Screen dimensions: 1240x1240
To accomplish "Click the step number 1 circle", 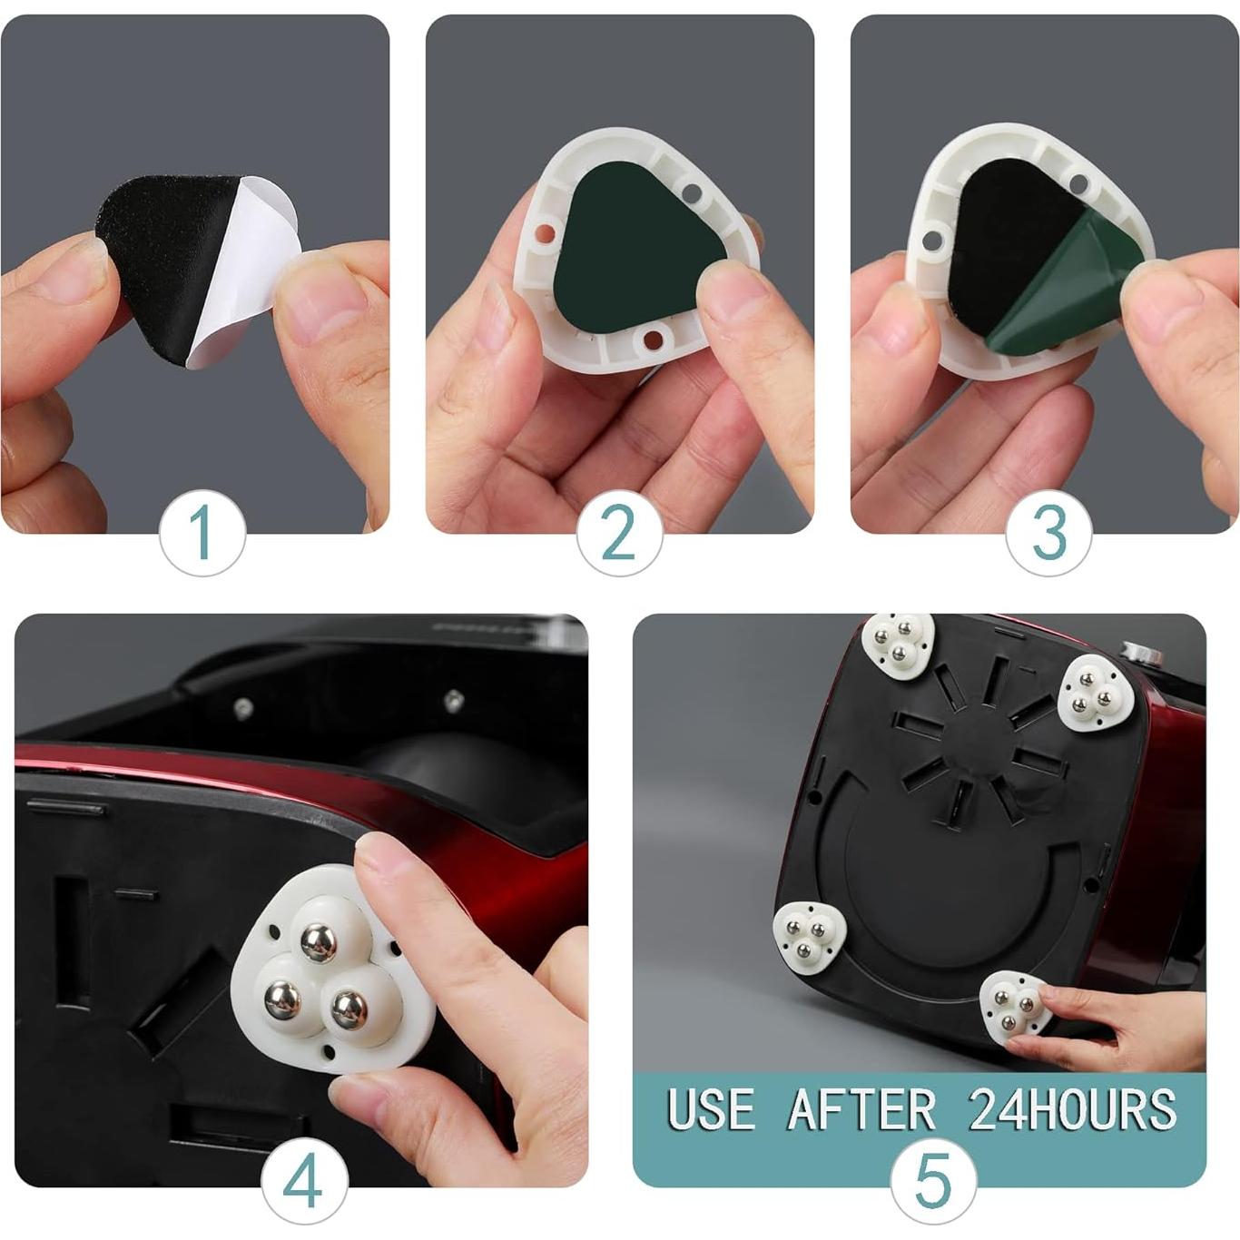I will pyautogui.click(x=202, y=533).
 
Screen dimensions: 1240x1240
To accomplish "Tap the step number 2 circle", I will pyautogui.click(x=619, y=533).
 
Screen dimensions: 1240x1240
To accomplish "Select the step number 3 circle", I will pyautogui.click(x=1048, y=533).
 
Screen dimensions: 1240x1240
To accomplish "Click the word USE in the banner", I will pyautogui.click(x=711, y=1109).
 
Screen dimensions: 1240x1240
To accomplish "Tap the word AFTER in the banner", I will pyautogui.click(x=861, y=1109).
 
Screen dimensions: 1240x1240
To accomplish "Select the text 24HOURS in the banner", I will pyautogui.click(x=1072, y=1109).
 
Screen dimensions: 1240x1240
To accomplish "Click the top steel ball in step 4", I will pyautogui.click(x=318, y=941).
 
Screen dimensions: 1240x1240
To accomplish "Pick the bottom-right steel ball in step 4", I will pyautogui.click(x=349, y=1009).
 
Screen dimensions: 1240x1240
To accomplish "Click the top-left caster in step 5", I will pyautogui.click(x=898, y=641).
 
